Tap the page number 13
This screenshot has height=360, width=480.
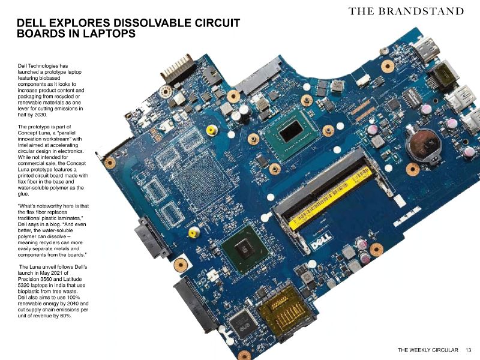469,349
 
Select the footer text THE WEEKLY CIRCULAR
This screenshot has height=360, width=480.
428,349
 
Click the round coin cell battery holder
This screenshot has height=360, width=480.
422,143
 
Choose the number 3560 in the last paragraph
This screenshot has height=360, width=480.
49,278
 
